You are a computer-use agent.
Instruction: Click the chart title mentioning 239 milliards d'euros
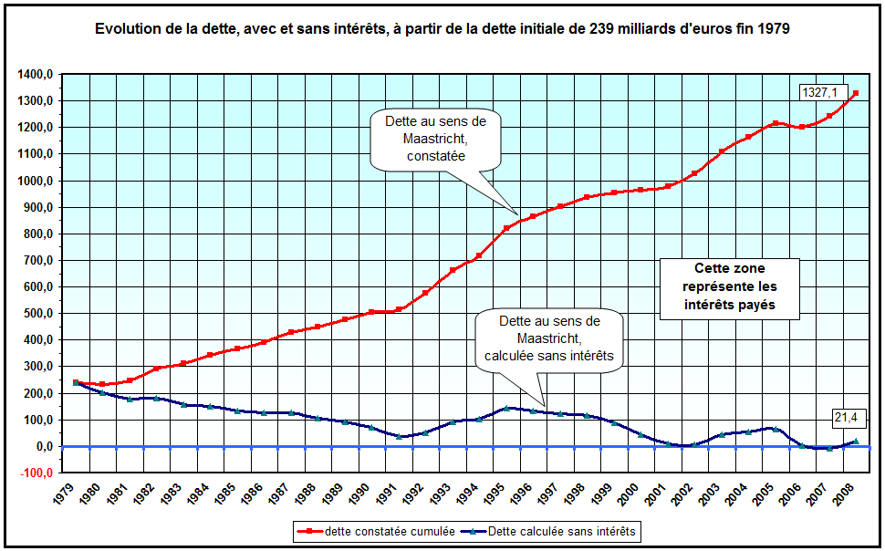click(x=442, y=28)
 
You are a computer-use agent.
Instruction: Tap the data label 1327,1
click(x=819, y=91)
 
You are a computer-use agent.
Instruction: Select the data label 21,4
click(x=845, y=418)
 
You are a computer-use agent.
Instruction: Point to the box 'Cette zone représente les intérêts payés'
click(x=730, y=287)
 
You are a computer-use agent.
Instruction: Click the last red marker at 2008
click(x=855, y=93)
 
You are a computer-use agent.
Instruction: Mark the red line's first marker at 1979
click(x=76, y=383)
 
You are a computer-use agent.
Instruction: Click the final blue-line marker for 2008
click(x=855, y=442)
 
